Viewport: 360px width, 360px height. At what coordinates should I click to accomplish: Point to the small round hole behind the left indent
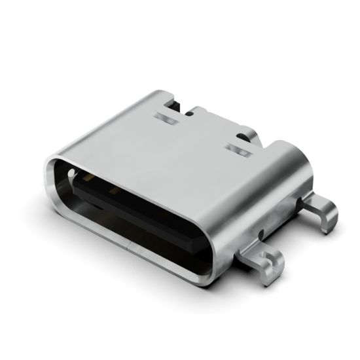pyautogui.click(x=190, y=113)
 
